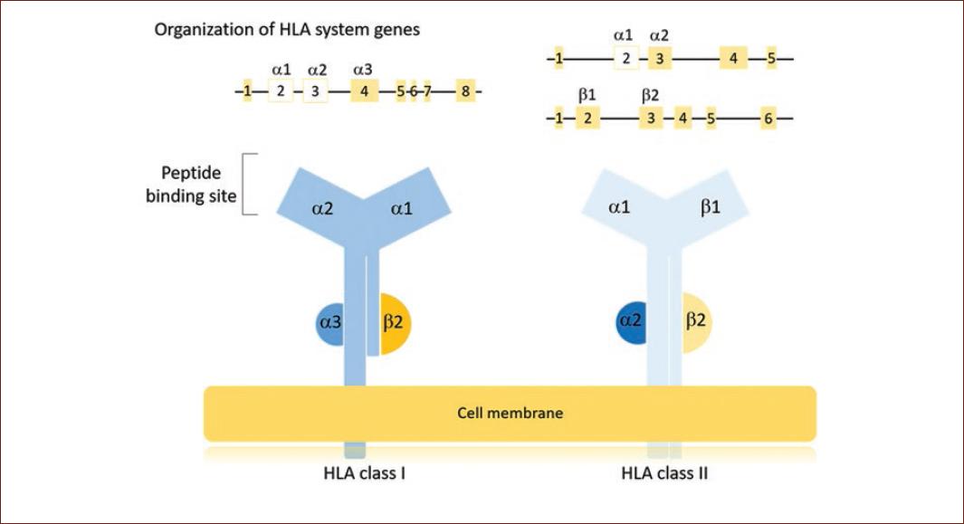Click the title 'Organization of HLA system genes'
(x=287, y=30)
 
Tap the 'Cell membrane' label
(x=510, y=414)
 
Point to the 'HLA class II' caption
(x=664, y=472)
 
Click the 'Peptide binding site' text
(x=191, y=184)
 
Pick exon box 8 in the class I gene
(x=465, y=91)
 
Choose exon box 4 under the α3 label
(x=364, y=91)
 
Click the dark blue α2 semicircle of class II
(x=630, y=320)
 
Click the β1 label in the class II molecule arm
(x=711, y=208)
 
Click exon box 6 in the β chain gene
(x=768, y=119)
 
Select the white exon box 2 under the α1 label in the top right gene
(x=625, y=60)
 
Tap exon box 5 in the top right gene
(x=771, y=60)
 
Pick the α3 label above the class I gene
(x=363, y=68)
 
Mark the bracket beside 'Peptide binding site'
(x=251, y=184)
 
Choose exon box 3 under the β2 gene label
(x=650, y=119)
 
